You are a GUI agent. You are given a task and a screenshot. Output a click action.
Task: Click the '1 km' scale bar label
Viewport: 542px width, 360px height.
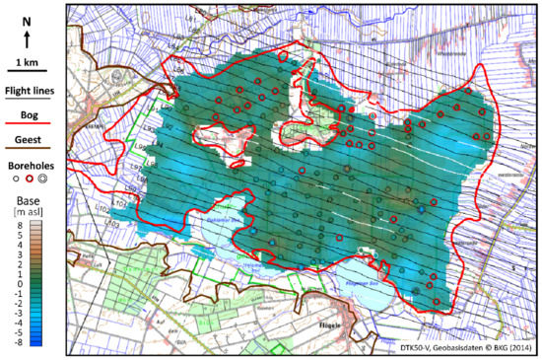tap(29, 64)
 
